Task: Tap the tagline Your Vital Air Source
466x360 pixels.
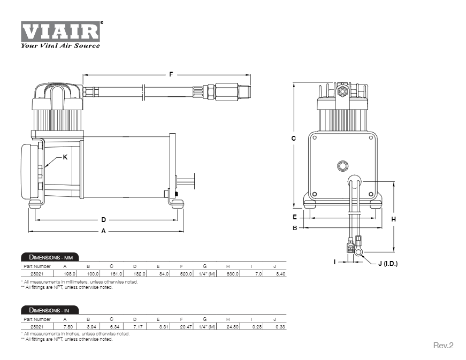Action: [60, 45]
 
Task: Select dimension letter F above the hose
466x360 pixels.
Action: [171, 74]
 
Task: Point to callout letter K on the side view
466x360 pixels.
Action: [65, 157]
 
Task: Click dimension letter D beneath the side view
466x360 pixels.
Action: [104, 219]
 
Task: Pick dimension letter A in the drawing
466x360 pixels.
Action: [104, 231]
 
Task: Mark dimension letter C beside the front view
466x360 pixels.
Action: [293, 138]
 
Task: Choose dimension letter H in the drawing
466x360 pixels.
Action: [393, 219]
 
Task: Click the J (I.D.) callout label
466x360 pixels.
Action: [388, 263]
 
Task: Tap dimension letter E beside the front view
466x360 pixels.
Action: [294, 217]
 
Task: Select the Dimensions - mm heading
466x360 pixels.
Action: [49, 257]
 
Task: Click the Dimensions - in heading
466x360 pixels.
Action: [49, 310]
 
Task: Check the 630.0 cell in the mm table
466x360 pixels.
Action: [232, 274]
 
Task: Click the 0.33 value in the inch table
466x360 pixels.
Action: [279, 326]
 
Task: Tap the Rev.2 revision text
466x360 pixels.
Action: [442, 346]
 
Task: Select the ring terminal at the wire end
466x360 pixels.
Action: [360, 249]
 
